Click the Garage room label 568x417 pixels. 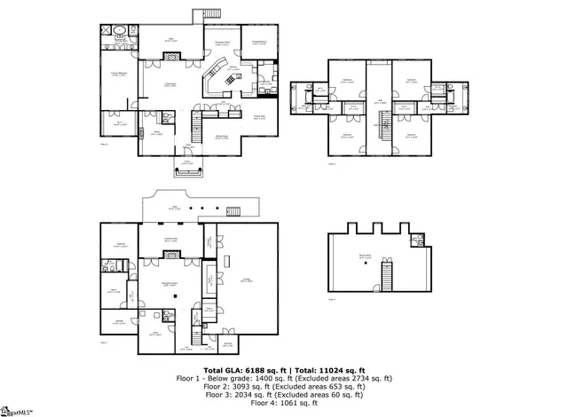[x=245, y=280]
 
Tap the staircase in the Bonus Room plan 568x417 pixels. [x=387, y=275]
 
